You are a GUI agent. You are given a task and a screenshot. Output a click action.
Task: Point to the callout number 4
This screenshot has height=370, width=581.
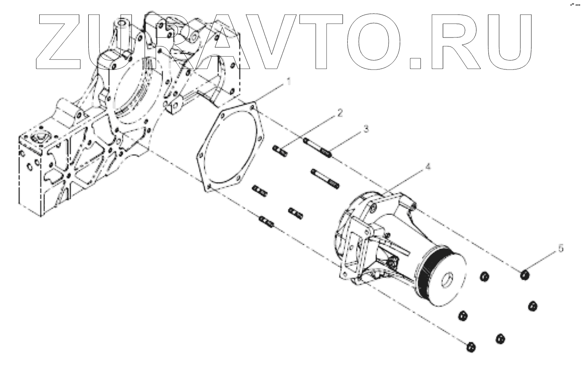tap(428, 168)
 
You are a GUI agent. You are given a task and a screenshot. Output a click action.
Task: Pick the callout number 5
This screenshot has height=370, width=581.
tap(561, 248)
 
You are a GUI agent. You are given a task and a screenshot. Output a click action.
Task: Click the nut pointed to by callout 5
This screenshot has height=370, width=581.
tap(525, 275)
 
